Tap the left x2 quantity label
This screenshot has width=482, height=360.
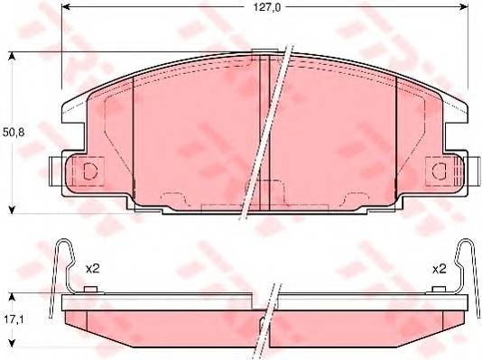91,269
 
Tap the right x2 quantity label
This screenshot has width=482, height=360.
440,269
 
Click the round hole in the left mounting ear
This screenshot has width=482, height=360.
89,171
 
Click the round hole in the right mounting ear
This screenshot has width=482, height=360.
440,171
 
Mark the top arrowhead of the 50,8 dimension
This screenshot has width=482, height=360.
13,57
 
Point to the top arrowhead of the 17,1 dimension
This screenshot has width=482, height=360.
13,297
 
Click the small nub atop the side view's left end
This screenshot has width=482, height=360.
89,291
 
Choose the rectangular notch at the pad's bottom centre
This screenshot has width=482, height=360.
229,208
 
